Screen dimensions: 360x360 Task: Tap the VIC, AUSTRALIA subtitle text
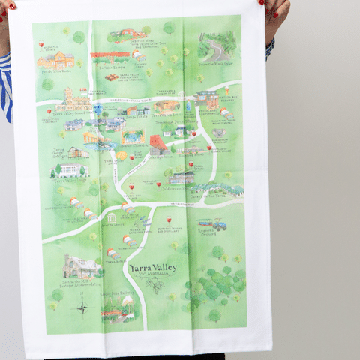[154, 276]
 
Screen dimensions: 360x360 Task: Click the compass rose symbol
[82, 306]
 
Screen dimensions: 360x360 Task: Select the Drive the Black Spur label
[212, 64]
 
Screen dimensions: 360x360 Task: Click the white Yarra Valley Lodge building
[73, 172]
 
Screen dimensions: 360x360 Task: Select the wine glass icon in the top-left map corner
[41, 44]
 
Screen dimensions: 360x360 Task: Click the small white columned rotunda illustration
[112, 218]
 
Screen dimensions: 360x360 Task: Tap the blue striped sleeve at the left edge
[5, 86]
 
